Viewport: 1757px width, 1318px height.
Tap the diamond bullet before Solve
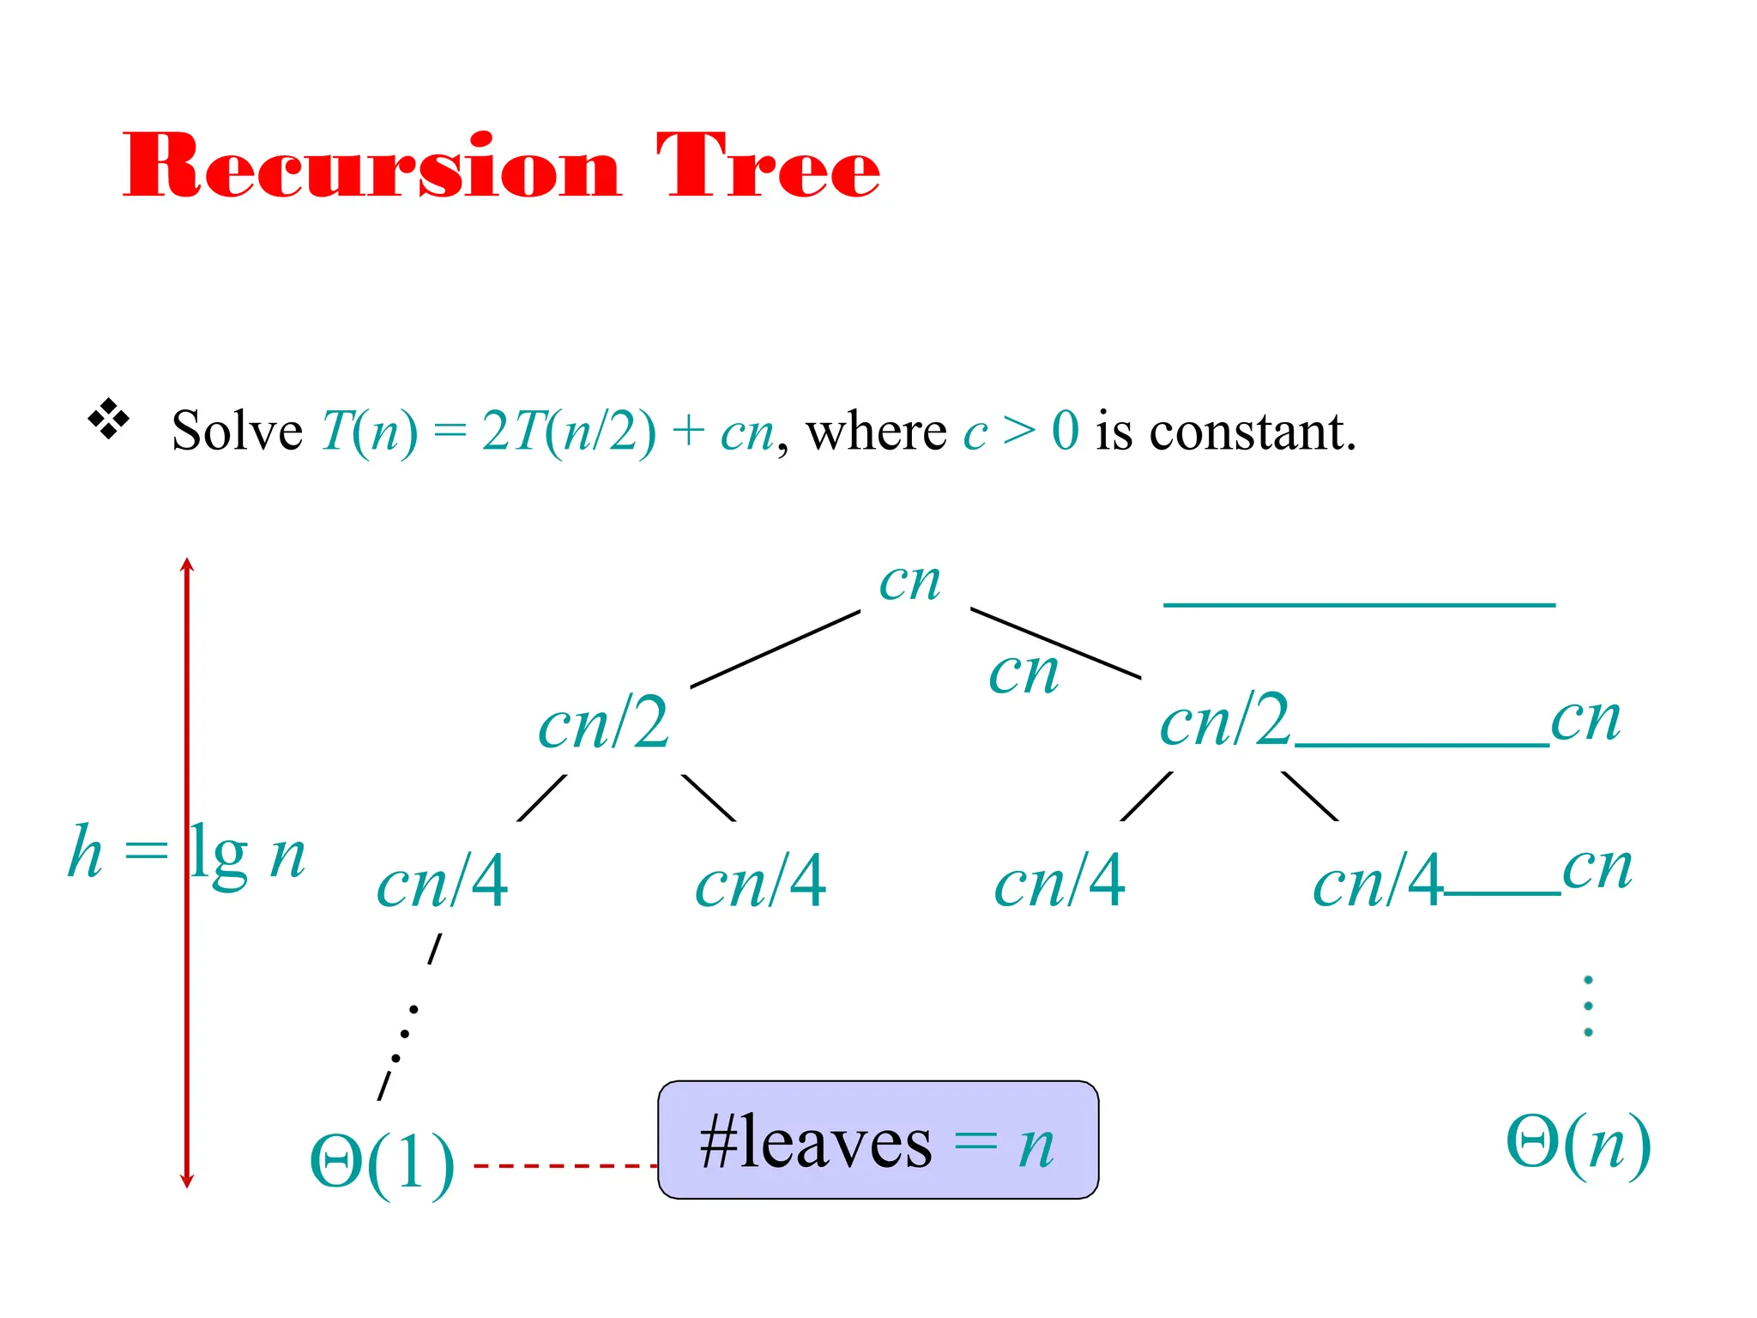(109, 420)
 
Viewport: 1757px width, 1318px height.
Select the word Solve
(237, 431)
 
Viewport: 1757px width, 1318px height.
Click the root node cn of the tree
(909, 583)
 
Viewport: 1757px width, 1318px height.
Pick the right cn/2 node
(1225, 721)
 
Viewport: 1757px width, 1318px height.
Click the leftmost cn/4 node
(443, 882)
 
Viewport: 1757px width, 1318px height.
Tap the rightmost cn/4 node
(1378, 882)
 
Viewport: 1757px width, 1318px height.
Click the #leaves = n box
(878, 1140)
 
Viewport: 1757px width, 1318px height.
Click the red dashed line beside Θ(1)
(565, 1165)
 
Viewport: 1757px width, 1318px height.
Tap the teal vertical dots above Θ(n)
(1588, 1006)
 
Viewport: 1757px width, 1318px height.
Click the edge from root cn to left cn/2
(775, 649)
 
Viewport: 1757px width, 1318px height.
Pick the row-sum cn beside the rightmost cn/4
(1597, 868)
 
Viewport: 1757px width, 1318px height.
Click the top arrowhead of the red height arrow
(187, 565)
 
